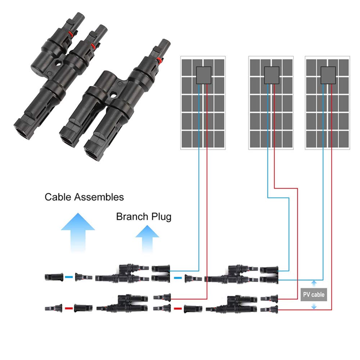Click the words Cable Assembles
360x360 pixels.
coord(84,197)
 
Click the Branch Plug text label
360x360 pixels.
coord(144,217)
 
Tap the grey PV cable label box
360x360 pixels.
coord(314,294)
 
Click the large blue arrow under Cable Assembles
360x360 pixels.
coord(78,232)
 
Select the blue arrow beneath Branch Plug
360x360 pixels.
coord(147,239)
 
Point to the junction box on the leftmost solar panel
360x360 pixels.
coord(204,75)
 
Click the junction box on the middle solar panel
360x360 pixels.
coord(271,75)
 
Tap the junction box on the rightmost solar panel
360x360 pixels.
coord(328,75)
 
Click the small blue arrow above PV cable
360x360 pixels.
coord(314,284)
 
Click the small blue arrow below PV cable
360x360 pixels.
coord(314,305)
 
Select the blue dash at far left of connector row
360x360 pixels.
coord(69,277)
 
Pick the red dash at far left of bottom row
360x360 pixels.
coord(69,309)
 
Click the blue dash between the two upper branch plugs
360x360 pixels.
coord(178,278)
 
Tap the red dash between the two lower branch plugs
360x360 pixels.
coord(178,309)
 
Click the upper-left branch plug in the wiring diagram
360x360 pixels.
coord(122,274)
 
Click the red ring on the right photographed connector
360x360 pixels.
coord(159,60)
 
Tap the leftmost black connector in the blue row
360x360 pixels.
coord(54,277)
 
